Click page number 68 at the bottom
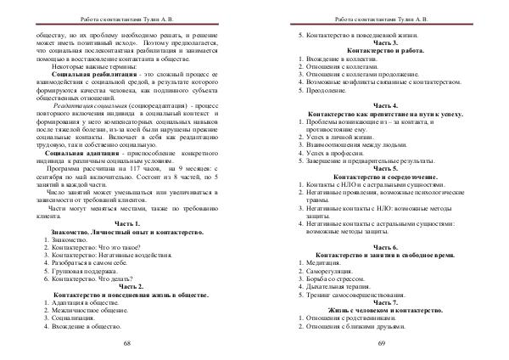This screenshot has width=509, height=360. (x=126, y=342)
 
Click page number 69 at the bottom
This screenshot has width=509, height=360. (x=381, y=342)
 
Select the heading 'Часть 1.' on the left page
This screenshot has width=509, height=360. (x=126, y=222)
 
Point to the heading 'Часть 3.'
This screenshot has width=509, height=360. (x=379, y=42)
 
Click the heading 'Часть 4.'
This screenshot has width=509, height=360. (x=379, y=104)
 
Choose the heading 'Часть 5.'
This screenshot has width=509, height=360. (x=379, y=168)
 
